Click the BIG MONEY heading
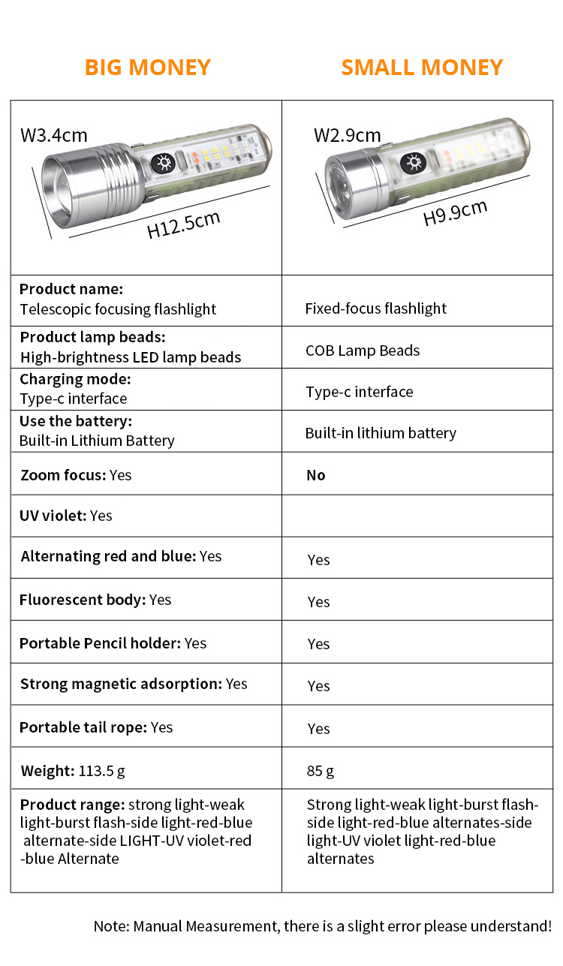(147, 67)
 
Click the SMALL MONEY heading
(422, 67)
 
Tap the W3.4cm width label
(53, 136)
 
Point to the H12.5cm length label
(183, 225)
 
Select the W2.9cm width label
(347, 135)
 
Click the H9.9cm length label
(455, 213)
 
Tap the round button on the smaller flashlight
(411, 161)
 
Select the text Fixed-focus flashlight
(375, 308)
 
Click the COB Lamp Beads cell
(363, 351)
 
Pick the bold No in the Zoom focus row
(316, 475)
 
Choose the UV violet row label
(53, 516)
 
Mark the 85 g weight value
(321, 771)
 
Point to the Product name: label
(71, 289)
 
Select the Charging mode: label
(75, 379)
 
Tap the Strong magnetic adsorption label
(121, 684)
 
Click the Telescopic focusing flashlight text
(118, 309)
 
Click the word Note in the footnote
(110, 926)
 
